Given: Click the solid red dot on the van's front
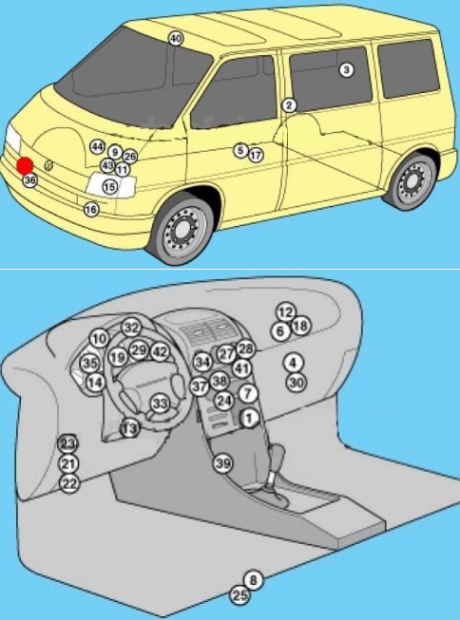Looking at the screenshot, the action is pos(25,165).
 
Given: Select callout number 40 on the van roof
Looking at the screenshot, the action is pos(176,39).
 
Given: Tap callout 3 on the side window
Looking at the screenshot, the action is pos(346,70).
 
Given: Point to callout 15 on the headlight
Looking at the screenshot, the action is pos(110,187).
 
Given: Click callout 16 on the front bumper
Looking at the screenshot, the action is pos(91,209).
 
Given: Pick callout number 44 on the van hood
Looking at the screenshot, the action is pos(97,147).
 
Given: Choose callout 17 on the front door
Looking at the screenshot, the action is pos(256,155).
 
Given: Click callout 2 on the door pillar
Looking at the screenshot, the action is pos(289,105).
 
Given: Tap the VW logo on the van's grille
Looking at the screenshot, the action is pos(48,165).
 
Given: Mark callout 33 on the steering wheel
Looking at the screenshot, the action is pos(160,404).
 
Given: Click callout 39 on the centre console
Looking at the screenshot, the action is pos(222,463).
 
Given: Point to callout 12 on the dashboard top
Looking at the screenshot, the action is pos(285,312).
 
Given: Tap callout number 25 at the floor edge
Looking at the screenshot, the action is pos(240,595).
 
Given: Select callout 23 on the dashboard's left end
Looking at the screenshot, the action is pos(67,443).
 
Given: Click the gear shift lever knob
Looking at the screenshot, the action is pos(278,453).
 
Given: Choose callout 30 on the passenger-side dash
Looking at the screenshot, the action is pos(297,382).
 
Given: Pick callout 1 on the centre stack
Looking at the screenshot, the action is pos(249,418).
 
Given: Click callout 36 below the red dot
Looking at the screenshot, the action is pos(30,180).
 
